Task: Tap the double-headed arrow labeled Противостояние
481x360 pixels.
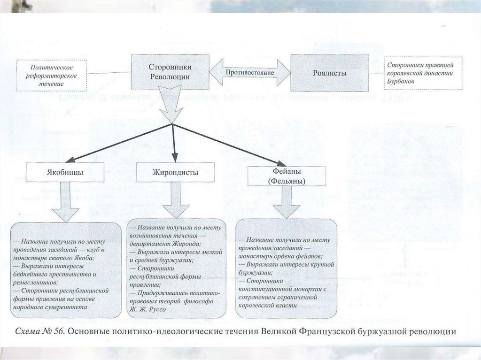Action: pyautogui.click(x=249, y=73)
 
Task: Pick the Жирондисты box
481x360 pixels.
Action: pyautogui.click(x=174, y=172)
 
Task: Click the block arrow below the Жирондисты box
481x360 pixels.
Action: pyautogui.click(x=174, y=200)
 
